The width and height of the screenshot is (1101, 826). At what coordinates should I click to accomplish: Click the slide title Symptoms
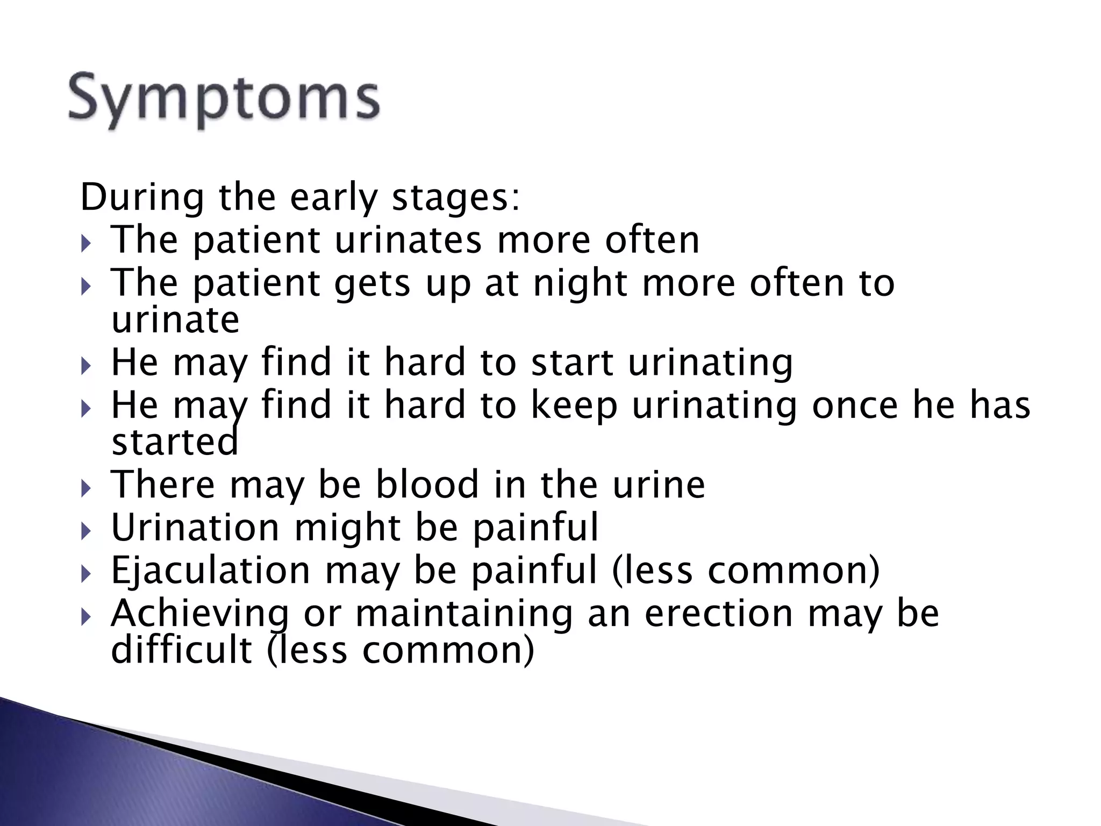tap(224, 99)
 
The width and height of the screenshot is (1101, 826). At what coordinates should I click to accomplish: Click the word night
tap(580, 284)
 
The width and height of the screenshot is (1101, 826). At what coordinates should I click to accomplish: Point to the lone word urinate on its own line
tap(175, 320)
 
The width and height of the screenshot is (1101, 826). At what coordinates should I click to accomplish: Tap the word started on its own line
tap(174, 442)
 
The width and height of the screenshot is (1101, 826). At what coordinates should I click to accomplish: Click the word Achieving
tap(200, 614)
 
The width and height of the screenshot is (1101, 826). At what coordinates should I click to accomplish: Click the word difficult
tap(182, 650)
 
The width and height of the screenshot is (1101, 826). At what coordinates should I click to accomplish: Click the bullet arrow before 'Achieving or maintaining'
tap(86, 618)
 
